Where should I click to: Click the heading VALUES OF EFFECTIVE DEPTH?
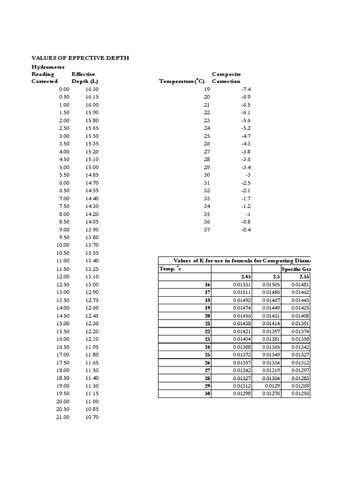coord(80,58)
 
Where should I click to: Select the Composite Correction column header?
coord(226,78)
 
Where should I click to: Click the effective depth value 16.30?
coord(92,89)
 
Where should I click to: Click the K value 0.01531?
coord(242,285)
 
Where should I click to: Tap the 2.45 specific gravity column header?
coord(246,277)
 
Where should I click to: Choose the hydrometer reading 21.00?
coord(62,417)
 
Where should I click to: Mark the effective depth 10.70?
coord(92,417)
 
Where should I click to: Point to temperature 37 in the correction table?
coord(207,230)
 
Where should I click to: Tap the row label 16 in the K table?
coord(207,285)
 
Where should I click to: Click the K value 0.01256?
coord(300,394)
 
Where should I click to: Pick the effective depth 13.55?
coord(92,253)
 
